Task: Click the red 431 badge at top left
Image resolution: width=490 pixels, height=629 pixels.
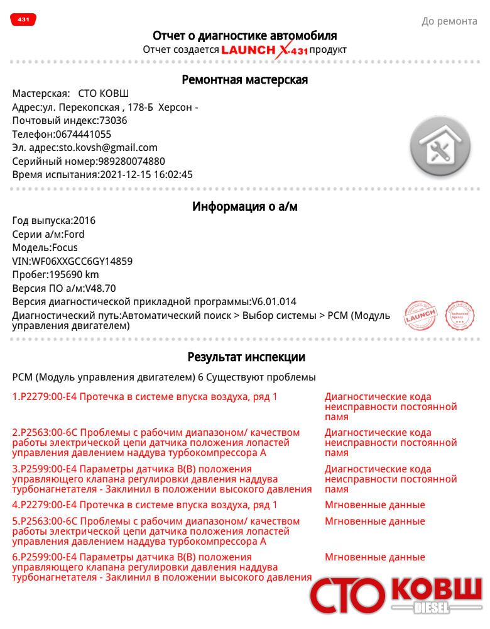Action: [x=23, y=20]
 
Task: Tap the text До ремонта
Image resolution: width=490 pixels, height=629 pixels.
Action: [x=449, y=21]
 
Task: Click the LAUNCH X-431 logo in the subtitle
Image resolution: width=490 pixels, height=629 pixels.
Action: [x=264, y=50]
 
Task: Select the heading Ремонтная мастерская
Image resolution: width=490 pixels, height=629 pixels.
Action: [x=244, y=80]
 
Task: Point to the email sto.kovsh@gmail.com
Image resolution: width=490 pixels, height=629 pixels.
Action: [x=108, y=148]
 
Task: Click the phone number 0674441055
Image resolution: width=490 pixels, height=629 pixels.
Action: [x=84, y=134]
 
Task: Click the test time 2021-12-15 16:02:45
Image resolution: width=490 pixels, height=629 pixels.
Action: [x=146, y=175]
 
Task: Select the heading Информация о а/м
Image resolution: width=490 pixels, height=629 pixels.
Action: [x=244, y=207]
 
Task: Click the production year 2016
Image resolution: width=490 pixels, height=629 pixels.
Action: [x=84, y=221]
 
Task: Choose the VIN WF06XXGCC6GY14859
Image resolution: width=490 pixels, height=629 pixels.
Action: [x=82, y=262]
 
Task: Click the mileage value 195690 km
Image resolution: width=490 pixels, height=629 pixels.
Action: [x=73, y=275]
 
